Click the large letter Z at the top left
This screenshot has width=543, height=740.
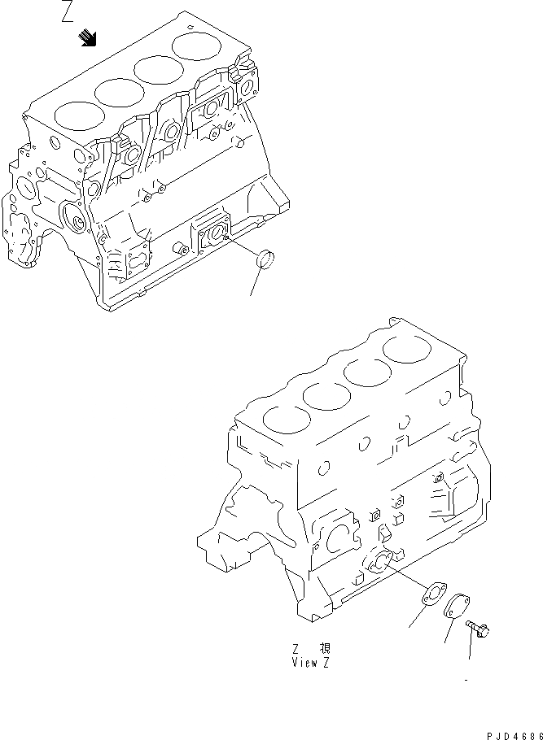coord(68,15)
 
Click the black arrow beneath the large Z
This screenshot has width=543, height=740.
coord(88,37)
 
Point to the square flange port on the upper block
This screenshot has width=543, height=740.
coord(212,233)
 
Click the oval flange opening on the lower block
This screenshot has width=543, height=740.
coord(379,562)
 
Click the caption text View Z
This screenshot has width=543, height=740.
coord(311,663)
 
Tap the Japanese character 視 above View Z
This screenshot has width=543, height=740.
coord(325,649)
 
